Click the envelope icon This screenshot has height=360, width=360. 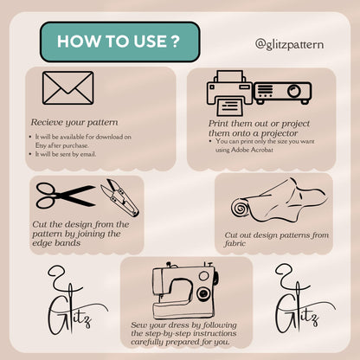tap(68, 87)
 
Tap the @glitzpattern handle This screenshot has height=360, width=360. tap(289, 45)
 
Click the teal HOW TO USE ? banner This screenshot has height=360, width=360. tap(120, 42)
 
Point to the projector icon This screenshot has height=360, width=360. tap(282, 93)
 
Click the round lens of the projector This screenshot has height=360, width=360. tap(294, 91)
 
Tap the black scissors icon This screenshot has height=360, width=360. tap(66, 196)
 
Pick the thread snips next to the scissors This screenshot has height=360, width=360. tap(119, 197)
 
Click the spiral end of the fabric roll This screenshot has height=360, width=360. tap(240, 209)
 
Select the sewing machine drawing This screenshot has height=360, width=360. tap(185, 290)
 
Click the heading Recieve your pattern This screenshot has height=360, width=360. tap(74, 122)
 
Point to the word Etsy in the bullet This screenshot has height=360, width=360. tap(41, 145)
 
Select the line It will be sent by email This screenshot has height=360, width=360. tap(66, 154)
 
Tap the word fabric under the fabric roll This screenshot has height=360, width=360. tap(235, 243)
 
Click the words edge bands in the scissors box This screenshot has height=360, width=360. tap(56, 243)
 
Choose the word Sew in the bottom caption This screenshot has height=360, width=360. tap(138, 325)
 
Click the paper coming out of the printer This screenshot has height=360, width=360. tap(229, 106)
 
